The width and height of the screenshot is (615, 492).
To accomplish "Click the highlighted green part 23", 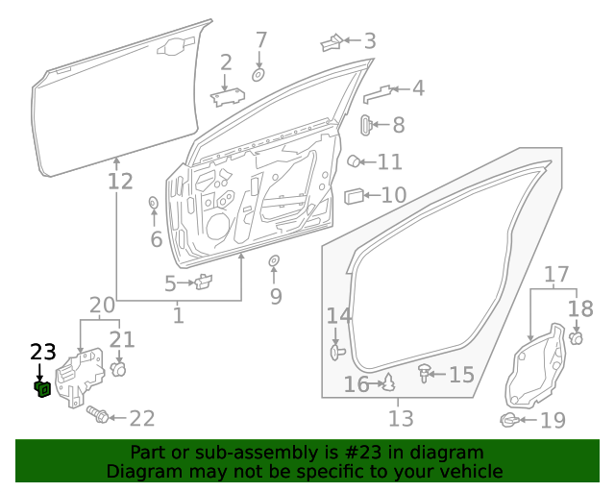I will click(42, 388).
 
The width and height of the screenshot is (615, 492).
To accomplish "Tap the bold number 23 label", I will click(43, 352).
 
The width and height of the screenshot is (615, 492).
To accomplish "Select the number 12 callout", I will click(120, 181).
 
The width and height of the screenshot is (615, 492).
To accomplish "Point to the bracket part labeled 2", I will click(228, 95).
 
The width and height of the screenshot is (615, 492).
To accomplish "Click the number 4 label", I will click(417, 89).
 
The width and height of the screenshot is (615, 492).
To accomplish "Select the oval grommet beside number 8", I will click(366, 125).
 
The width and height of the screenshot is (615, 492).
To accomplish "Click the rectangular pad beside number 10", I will click(354, 196).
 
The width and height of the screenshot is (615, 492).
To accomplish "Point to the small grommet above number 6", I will click(153, 203).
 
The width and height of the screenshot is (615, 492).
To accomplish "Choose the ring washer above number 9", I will click(274, 261).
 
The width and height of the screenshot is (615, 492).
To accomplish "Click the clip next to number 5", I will click(203, 283).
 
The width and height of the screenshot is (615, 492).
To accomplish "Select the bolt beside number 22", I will click(97, 415).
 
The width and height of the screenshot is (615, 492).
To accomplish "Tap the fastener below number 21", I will click(119, 368).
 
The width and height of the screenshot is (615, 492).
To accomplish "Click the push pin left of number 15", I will click(423, 373).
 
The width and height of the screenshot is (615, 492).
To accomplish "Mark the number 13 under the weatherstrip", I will click(401, 419).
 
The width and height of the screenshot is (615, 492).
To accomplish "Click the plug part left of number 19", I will click(509, 419).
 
